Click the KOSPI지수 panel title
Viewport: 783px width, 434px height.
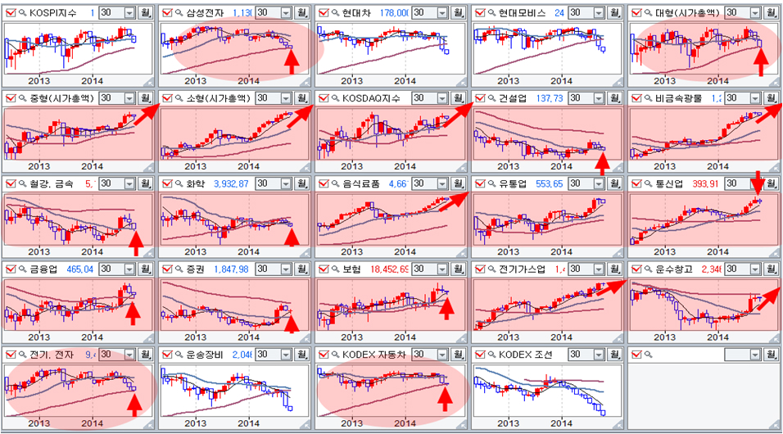[x=53, y=13]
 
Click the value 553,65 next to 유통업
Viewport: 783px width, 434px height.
[x=545, y=184]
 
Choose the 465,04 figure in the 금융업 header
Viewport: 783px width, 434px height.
[x=72, y=269]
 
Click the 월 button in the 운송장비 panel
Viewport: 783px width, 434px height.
[x=302, y=355]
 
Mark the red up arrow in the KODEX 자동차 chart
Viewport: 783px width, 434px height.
[x=445, y=397]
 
